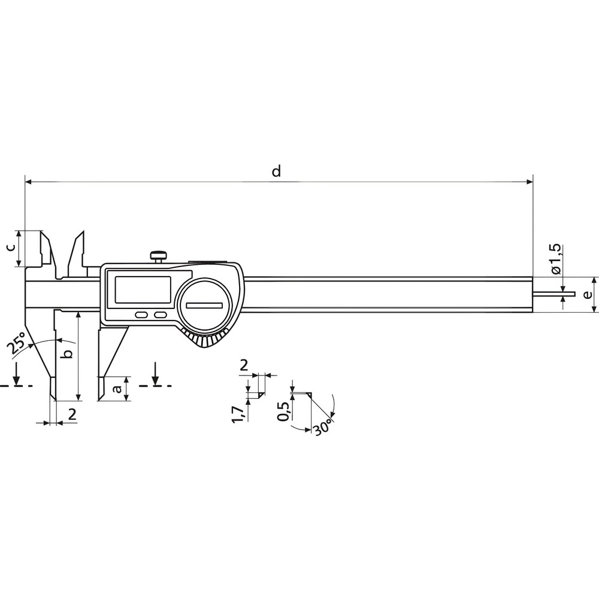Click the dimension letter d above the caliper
(x=276, y=171)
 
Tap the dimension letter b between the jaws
(x=68, y=354)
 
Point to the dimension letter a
(x=118, y=389)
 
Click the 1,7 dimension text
(x=238, y=413)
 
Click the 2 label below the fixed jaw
(x=72, y=413)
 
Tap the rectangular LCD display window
(x=143, y=290)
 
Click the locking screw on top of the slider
(x=159, y=257)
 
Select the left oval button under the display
(x=142, y=314)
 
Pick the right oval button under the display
(x=160, y=314)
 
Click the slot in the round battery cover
(x=204, y=306)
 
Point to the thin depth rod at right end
(x=553, y=294)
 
